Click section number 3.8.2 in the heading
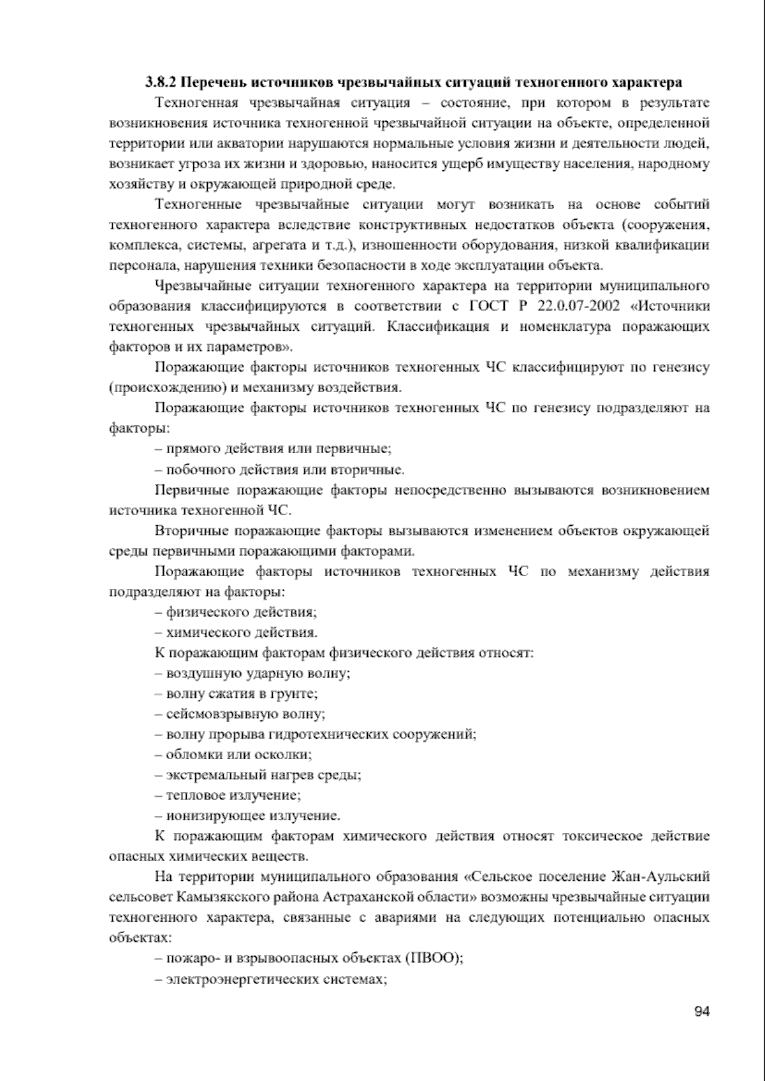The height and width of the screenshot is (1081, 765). click(x=160, y=82)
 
